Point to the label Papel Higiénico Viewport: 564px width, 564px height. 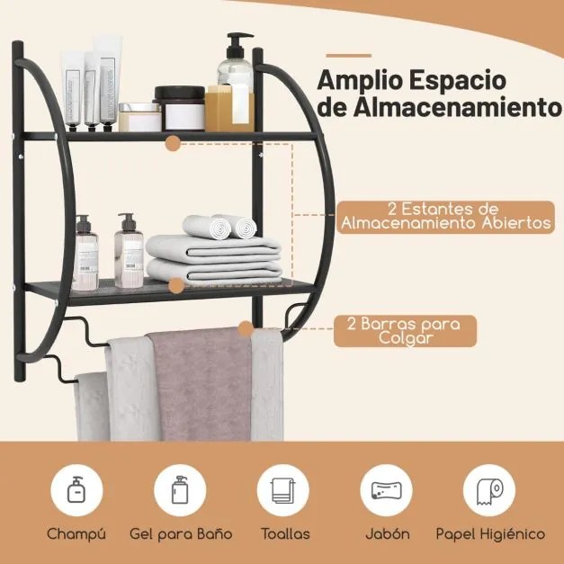490,533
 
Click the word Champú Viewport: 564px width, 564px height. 76,533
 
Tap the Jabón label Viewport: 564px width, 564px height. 387,533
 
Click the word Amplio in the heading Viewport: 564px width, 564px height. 363,79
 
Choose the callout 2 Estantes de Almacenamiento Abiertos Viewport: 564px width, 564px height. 445,217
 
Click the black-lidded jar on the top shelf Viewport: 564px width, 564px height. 179,107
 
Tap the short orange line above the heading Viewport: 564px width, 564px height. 348,55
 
